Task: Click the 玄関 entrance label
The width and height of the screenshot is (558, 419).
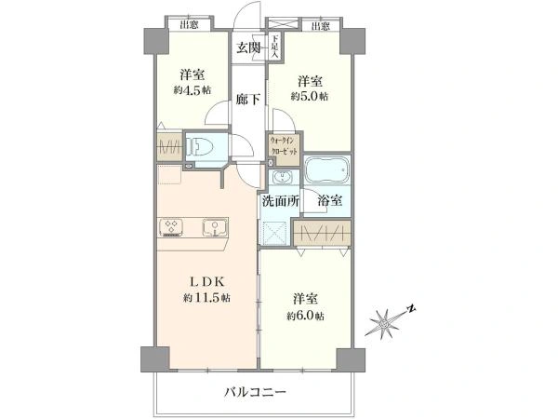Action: (247, 48)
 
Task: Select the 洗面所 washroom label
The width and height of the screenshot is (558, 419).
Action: (278, 199)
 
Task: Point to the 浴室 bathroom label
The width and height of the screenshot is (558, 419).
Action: (328, 199)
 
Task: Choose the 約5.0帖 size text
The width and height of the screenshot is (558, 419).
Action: (310, 97)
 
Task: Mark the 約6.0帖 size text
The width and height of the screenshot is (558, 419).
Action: (306, 318)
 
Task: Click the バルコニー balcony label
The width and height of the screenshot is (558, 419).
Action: (254, 391)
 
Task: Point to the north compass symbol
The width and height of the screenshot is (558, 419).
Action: (388, 321)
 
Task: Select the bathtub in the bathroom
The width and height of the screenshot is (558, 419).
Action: (327, 171)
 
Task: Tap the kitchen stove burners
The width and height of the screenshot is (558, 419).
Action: (172, 226)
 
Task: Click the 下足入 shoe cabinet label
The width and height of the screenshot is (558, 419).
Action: (275, 47)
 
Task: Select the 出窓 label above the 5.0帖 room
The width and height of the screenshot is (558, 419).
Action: (321, 25)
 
